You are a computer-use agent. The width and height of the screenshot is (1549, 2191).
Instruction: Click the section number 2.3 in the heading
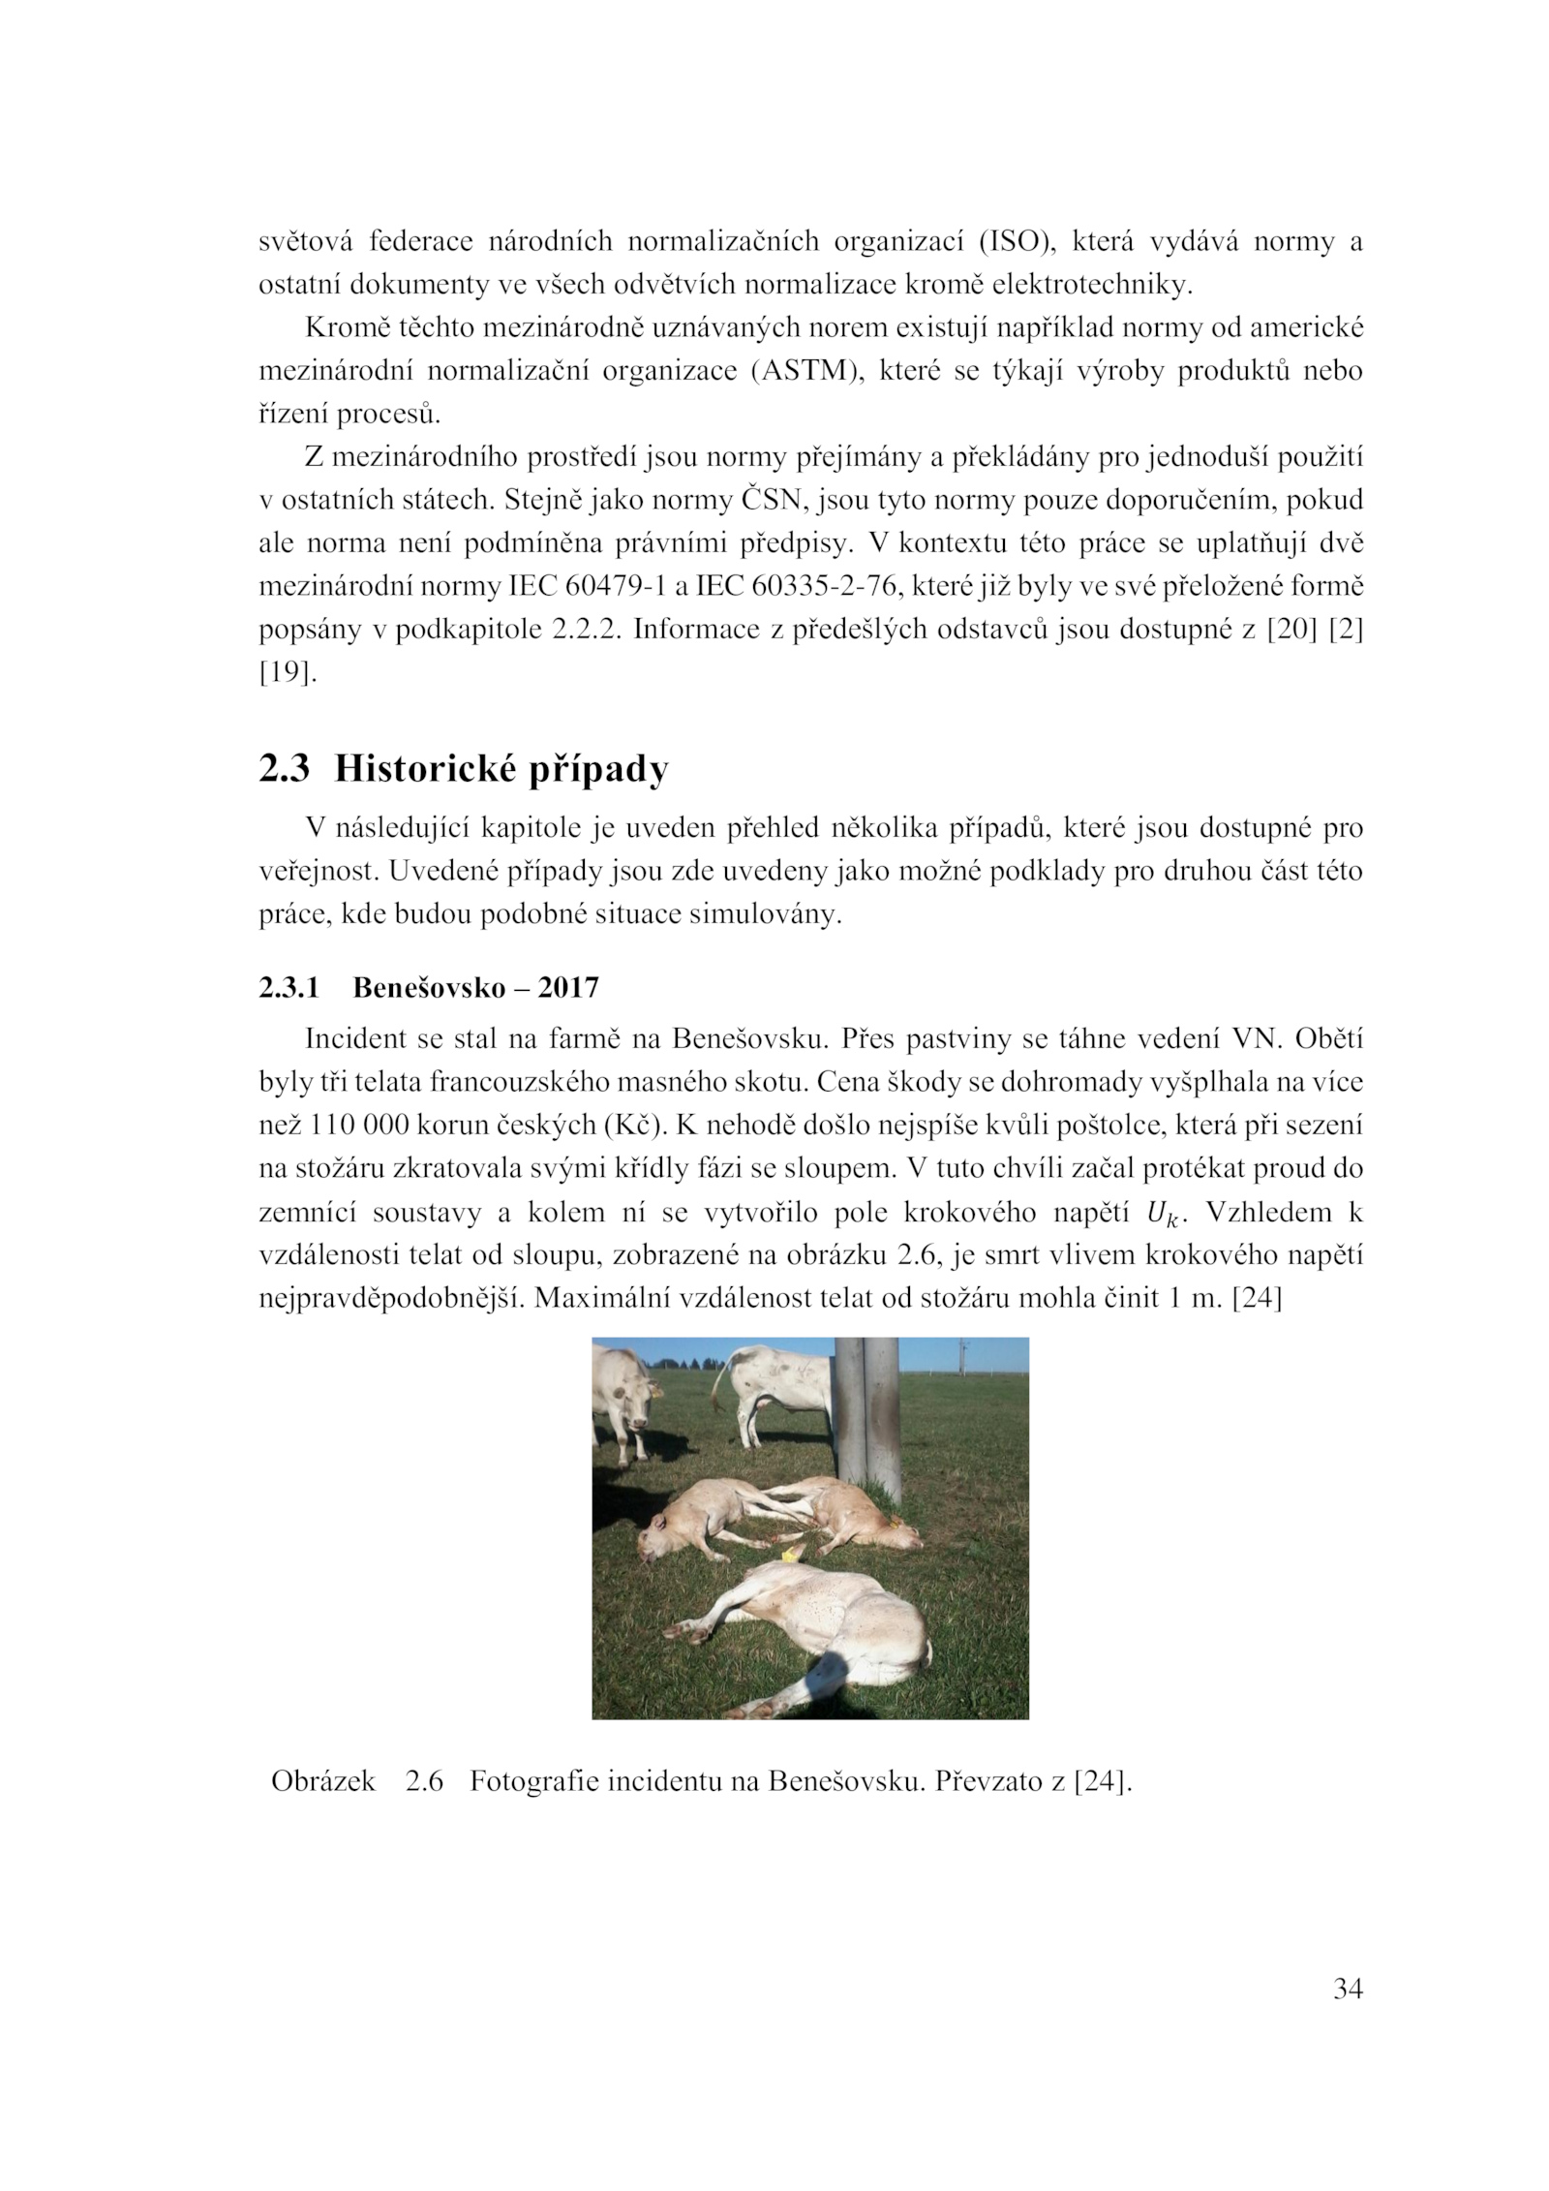pos(284,769)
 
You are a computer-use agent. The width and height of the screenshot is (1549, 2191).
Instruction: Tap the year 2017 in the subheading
pos(568,988)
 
